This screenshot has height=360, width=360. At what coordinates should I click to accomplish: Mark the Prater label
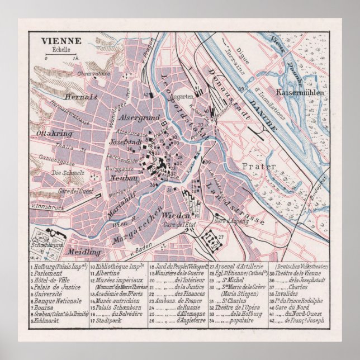click(x=257, y=166)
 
